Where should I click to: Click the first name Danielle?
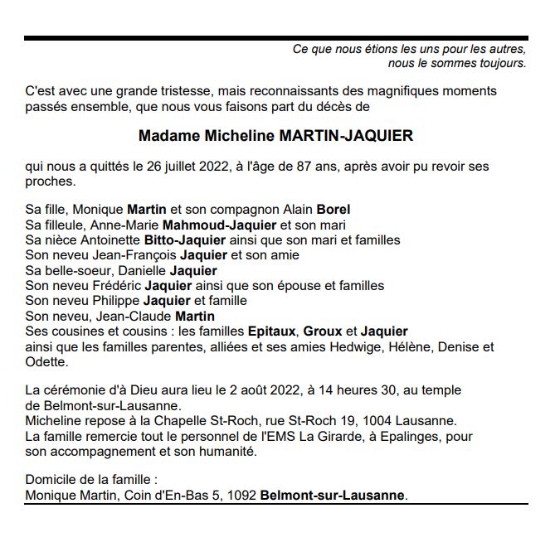[141, 270]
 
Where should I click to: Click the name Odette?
[44, 362]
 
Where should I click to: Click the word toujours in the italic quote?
[501, 63]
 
